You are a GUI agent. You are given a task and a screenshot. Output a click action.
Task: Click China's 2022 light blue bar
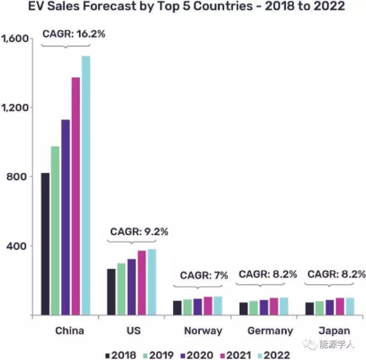click(86, 185)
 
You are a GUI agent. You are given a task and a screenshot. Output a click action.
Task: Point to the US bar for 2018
click(111, 292)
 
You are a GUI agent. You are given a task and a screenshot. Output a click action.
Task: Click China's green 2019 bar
click(55, 231)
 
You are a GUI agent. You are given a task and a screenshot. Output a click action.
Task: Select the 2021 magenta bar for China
click(75, 196)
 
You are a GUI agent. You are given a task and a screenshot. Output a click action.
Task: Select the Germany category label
click(270, 331)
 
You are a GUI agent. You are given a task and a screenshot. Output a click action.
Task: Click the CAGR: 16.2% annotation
click(74, 33)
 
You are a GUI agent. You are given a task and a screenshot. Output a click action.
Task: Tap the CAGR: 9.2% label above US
click(139, 231)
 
